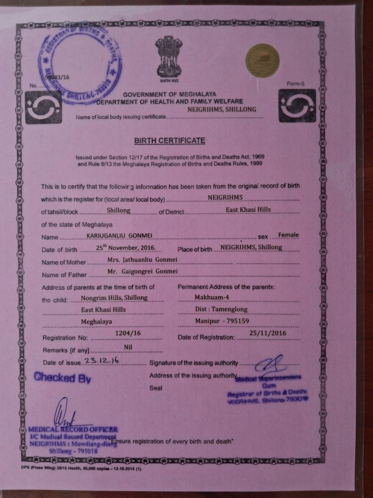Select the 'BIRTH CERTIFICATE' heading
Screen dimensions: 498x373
pos(169,140)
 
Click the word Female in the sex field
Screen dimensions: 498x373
pos(289,235)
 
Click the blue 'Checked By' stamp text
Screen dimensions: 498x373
pos(62,377)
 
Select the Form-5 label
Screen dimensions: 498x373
pos(294,84)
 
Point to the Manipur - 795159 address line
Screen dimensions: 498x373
pos(233,322)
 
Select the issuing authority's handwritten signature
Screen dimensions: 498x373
pos(271,366)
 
